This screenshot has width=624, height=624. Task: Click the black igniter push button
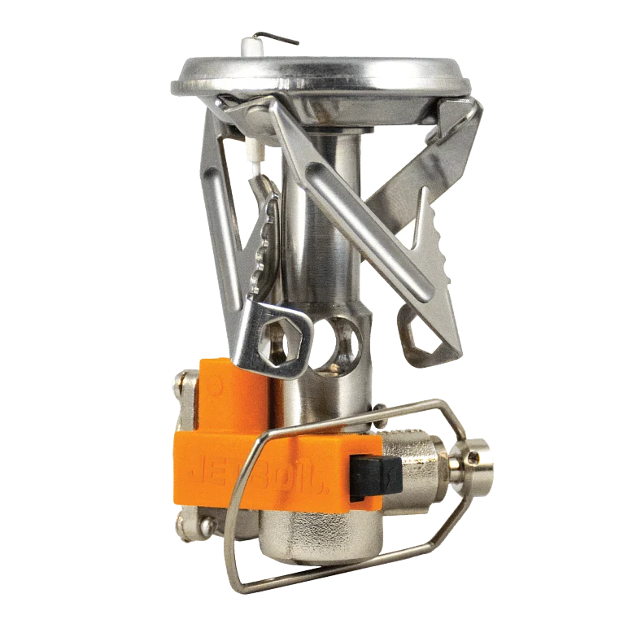click(x=377, y=478)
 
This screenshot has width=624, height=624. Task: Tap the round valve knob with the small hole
click(x=471, y=459)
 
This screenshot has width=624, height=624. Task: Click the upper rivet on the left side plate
click(x=184, y=379)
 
